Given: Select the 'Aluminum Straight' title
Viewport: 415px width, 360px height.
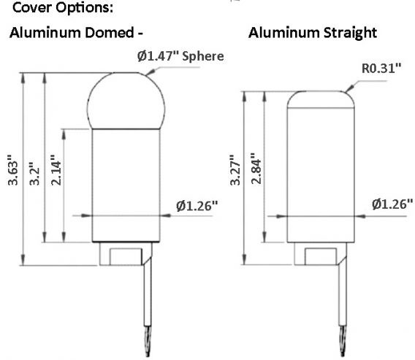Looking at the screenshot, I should pos(313,34).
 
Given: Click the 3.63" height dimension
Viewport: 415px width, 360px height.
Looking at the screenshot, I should pos(12,170).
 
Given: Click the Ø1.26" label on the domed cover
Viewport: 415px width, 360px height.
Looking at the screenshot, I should pos(197,206).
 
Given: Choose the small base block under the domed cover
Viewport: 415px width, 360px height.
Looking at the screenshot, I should pos(121,256).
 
